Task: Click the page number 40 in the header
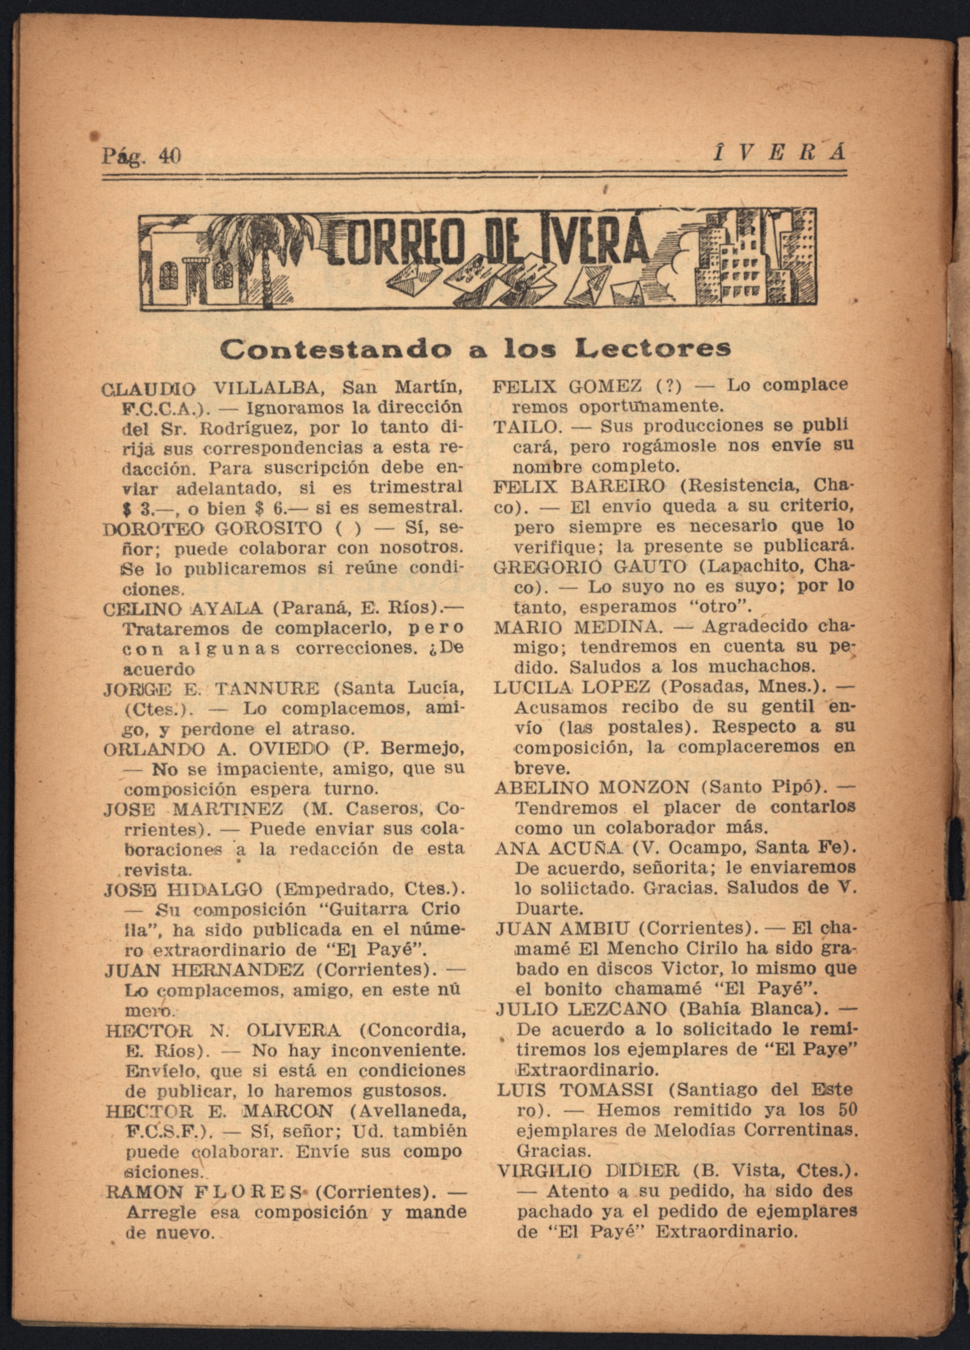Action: (x=169, y=156)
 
